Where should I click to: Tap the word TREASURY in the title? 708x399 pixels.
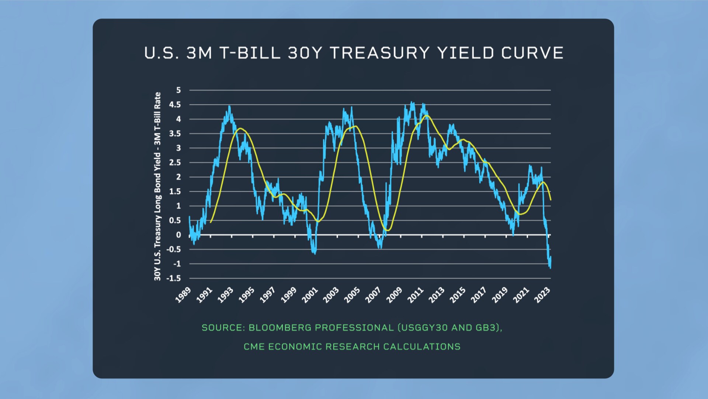[380, 53]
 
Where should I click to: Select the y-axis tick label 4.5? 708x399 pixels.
[175, 105]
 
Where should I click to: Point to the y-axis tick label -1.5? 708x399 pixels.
[173, 278]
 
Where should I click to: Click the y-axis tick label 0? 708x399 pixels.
[178, 235]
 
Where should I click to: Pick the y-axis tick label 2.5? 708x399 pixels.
[175, 163]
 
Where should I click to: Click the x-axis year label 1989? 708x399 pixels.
[183, 295]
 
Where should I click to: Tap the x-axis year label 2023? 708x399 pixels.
[542, 295]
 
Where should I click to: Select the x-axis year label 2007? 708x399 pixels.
[373, 295]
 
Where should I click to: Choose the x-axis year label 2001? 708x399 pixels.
[310, 295]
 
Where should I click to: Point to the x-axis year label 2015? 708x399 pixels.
[458, 295]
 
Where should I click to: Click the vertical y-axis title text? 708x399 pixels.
[157, 186]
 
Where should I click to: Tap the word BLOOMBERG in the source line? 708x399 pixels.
[280, 328]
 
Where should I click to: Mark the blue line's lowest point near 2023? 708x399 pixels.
[550, 267]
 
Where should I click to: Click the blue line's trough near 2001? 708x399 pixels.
[315, 253]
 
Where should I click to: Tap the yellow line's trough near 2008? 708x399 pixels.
[387, 231]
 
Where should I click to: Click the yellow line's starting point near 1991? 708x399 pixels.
[211, 222]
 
